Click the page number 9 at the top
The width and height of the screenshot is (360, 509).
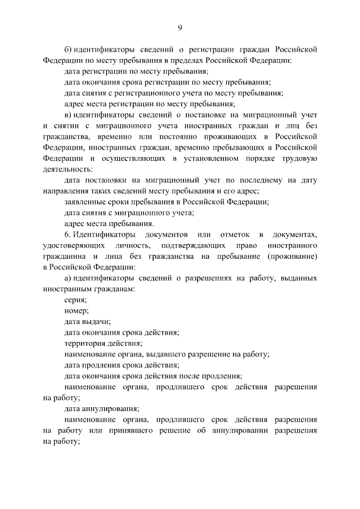[x=180, y=28]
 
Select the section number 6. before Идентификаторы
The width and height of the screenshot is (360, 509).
[x=67, y=235]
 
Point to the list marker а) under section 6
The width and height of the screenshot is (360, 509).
[x=68, y=278]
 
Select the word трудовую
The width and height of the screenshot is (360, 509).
[x=299, y=159]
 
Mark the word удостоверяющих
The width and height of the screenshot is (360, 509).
[x=76, y=246]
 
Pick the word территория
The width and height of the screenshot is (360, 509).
[x=86, y=343]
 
